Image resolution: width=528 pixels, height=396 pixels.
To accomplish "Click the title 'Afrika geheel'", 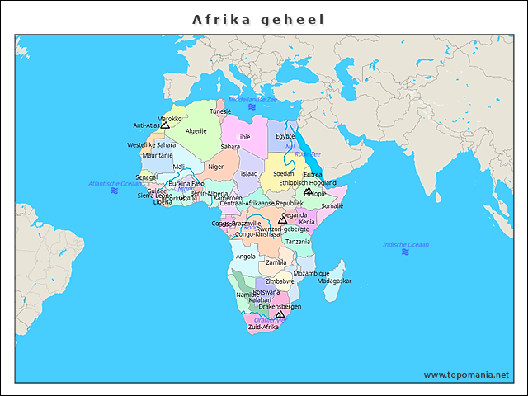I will click(258, 19).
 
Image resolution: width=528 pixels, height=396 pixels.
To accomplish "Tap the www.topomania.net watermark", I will click(466, 375).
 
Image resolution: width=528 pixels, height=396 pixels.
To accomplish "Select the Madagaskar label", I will click(334, 280).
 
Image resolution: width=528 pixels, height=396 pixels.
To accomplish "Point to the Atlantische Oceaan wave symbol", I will click(114, 191).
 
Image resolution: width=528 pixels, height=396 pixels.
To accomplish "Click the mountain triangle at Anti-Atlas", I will click(164, 125).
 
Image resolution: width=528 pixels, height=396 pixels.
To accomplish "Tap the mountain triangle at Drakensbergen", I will click(280, 313).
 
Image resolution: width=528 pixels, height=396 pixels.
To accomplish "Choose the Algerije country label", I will click(196, 130).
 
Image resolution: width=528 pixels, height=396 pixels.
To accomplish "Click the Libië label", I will click(243, 137).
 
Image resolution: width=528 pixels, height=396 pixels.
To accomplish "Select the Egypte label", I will click(285, 136).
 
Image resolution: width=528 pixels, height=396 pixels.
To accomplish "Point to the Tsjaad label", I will click(248, 173).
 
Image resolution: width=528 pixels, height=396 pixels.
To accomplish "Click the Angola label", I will click(246, 256).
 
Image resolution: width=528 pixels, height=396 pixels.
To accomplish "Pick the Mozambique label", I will click(311, 273).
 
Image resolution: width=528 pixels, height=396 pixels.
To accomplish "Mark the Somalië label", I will click(332, 205).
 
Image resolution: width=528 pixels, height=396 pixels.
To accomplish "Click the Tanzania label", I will click(298, 242).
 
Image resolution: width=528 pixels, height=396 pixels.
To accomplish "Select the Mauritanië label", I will click(158, 155).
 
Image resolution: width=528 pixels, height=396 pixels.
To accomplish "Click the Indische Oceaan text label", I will click(406, 244).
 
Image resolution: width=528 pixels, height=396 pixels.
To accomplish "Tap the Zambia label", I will click(276, 262).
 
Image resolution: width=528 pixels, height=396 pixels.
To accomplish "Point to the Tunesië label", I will click(220, 111).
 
